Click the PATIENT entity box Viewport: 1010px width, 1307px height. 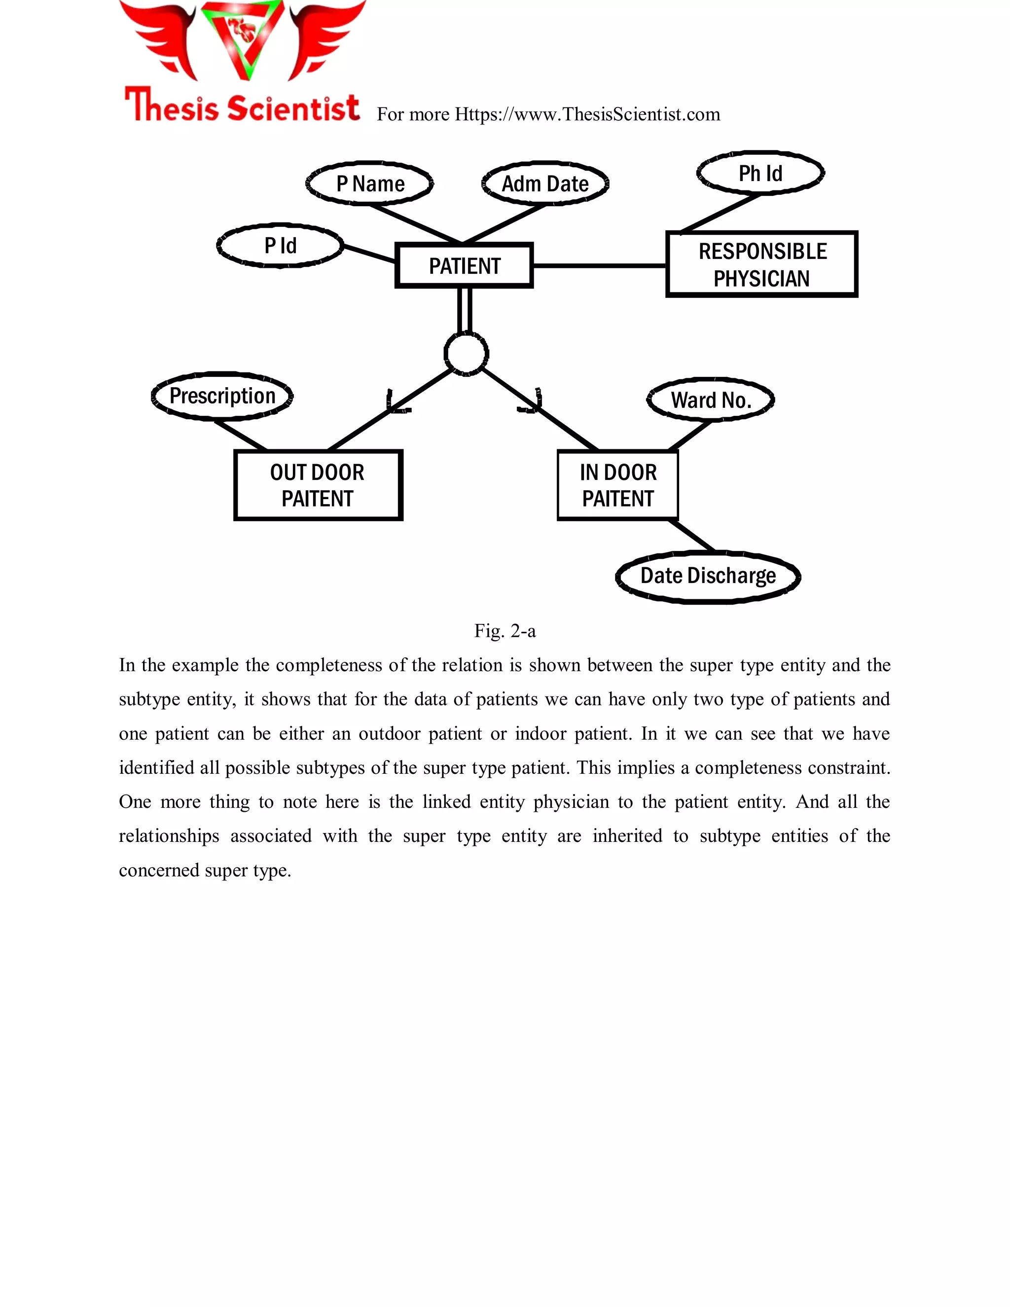(x=464, y=265)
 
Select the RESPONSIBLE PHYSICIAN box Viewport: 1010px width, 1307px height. (x=761, y=264)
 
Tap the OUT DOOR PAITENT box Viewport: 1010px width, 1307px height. (x=318, y=485)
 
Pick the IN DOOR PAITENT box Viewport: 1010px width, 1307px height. (x=617, y=485)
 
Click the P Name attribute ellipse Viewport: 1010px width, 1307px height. (x=369, y=183)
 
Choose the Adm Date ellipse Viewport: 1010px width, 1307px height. (x=545, y=183)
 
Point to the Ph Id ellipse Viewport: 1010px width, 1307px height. (x=760, y=173)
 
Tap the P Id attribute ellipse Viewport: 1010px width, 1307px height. (x=280, y=245)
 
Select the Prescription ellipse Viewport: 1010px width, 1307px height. (x=222, y=396)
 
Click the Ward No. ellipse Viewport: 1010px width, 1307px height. (x=710, y=400)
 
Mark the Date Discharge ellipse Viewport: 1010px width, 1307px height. (x=708, y=576)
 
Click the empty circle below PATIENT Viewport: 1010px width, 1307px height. (x=466, y=354)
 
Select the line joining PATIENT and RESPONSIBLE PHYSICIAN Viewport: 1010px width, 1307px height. (x=598, y=265)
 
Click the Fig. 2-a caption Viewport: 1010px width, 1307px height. (x=505, y=631)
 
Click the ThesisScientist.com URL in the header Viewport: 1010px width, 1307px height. (x=586, y=114)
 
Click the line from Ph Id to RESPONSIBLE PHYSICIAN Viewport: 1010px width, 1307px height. (x=721, y=213)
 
